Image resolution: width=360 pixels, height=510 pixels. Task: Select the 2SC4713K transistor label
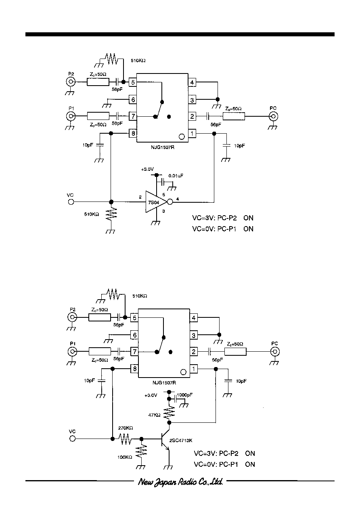click(181, 440)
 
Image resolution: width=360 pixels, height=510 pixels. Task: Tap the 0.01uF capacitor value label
click(176, 176)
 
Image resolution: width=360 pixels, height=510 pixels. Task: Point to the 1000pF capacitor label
click(184, 395)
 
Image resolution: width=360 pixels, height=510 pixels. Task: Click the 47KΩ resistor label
click(154, 415)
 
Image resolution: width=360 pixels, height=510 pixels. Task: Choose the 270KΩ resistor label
click(126, 428)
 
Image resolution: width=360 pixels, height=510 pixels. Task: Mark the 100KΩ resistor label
click(125, 457)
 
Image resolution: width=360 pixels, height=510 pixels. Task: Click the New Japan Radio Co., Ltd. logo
click(180, 482)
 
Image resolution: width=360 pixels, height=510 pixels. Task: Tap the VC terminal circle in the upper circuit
click(71, 202)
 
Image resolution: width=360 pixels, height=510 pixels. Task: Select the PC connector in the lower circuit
click(275, 352)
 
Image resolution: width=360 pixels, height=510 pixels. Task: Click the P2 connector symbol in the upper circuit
click(71, 82)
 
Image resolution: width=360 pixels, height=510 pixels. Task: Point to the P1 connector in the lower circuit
click(72, 352)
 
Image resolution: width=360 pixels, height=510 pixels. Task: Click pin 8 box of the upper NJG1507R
click(133, 133)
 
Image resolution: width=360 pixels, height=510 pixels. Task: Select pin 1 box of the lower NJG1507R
click(194, 369)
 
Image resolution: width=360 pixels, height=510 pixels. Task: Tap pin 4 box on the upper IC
click(192, 82)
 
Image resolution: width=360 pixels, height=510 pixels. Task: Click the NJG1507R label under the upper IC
click(163, 147)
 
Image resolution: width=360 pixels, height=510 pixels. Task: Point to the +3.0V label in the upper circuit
click(147, 169)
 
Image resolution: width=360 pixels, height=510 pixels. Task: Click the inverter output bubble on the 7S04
click(170, 202)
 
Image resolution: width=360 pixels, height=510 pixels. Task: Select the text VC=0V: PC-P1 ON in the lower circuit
click(224, 464)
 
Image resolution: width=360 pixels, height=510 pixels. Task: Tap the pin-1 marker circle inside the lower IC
click(183, 372)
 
